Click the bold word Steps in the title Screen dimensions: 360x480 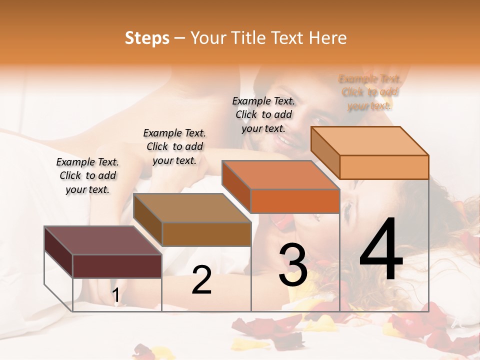click(x=147, y=38)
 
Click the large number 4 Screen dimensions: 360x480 click(x=381, y=249)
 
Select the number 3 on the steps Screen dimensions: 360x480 click(x=292, y=265)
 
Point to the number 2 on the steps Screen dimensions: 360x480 click(x=201, y=280)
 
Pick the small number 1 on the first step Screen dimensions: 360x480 click(x=116, y=295)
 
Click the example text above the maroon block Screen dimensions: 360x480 click(x=87, y=175)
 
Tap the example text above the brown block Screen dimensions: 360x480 click(x=174, y=146)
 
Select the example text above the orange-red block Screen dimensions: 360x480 click(x=263, y=114)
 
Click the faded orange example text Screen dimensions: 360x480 click(x=370, y=92)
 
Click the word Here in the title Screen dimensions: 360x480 click(x=327, y=38)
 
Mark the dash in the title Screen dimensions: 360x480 click(x=180, y=38)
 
